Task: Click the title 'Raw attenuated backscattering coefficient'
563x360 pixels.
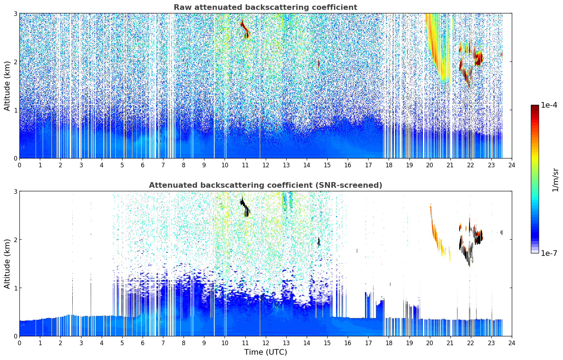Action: (x=265, y=7)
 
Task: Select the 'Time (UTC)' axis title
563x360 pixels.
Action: (x=265, y=352)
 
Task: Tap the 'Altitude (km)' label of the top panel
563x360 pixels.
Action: (x=7, y=86)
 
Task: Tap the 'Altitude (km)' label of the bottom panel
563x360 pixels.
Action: (x=7, y=264)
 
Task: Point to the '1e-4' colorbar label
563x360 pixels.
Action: (x=549, y=105)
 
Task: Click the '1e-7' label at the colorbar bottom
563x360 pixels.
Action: (x=549, y=253)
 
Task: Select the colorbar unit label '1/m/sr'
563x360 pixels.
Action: (x=555, y=180)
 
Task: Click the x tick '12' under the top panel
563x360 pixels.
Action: (x=265, y=165)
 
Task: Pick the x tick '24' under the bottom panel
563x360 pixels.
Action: (x=511, y=343)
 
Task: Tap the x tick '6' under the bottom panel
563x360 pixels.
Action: (x=143, y=343)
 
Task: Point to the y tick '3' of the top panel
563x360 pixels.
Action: (x=15, y=13)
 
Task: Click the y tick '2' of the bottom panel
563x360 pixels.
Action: (x=15, y=240)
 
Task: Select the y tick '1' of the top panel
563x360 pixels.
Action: (x=15, y=110)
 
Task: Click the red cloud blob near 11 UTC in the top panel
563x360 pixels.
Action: (x=245, y=30)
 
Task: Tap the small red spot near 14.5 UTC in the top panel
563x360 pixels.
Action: (x=319, y=64)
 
